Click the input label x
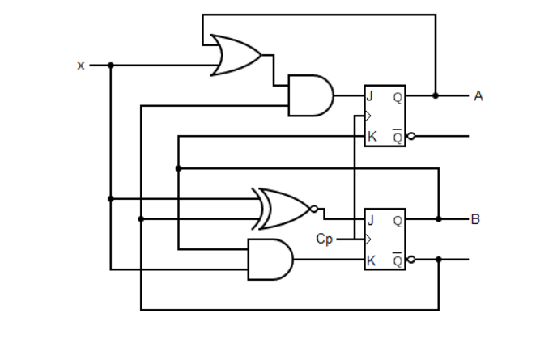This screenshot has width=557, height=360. [x=81, y=66]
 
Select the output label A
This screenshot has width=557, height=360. [x=478, y=96]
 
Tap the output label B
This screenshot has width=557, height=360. [x=475, y=219]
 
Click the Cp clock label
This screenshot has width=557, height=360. [x=324, y=239]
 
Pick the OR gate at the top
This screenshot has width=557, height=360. [x=235, y=55]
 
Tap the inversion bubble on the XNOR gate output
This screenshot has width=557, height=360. [x=314, y=209]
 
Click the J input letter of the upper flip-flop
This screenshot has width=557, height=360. [x=370, y=96]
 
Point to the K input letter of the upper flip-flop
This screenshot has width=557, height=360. [x=372, y=136]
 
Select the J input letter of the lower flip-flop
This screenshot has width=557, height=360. [x=370, y=219]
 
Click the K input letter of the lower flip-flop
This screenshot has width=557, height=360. [x=372, y=260]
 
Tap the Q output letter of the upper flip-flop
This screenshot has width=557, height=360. [x=398, y=96]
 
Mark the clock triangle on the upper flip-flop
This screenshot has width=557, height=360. [x=368, y=116]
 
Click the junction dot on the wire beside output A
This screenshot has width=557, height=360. [x=436, y=95]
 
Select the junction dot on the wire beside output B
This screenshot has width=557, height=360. [x=439, y=219]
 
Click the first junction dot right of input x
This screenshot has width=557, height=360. [x=111, y=66]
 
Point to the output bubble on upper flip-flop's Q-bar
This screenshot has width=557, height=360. [x=410, y=136]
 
